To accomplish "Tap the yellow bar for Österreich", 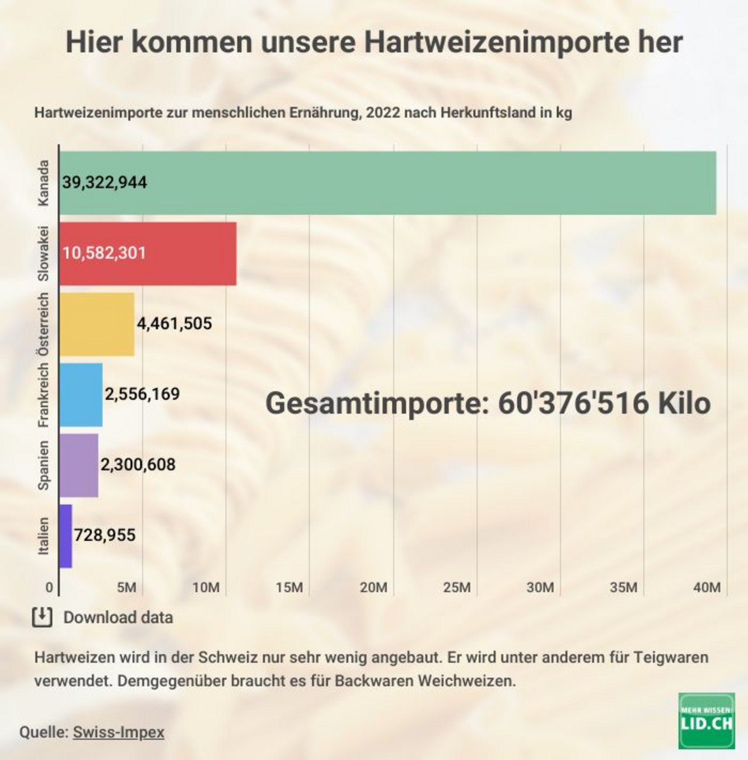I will pyautogui.click(x=97, y=324).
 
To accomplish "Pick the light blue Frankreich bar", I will pyautogui.click(x=81, y=395).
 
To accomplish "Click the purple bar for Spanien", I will pyautogui.click(x=79, y=465).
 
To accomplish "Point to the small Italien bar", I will pyautogui.click(x=65, y=536).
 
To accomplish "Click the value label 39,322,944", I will pyautogui.click(x=105, y=183).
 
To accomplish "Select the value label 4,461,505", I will pyautogui.click(x=174, y=324).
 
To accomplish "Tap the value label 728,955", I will pyautogui.click(x=105, y=535).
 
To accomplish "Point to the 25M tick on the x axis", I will pyautogui.click(x=456, y=587).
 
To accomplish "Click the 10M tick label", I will pyautogui.click(x=206, y=587).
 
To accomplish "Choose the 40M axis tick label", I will pyautogui.click(x=707, y=587).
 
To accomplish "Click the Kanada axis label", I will pyautogui.click(x=43, y=183).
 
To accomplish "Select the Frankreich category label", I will pyautogui.click(x=43, y=395).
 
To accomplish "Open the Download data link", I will pyautogui.click(x=118, y=617).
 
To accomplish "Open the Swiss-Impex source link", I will pyautogui.click(x=118, y=732).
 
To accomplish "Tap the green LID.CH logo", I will pyautogui.click(x=707, y=721).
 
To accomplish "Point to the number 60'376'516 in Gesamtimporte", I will pyautogui.click(x=573, y=403).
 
